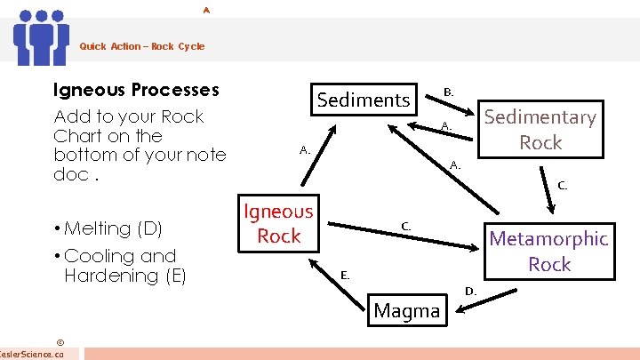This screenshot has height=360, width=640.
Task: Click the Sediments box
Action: [364, 100]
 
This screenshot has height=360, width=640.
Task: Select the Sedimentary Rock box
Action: [540, 129]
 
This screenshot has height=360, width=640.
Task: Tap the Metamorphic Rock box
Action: [548, 251]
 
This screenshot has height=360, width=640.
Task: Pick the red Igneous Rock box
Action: [279, 223]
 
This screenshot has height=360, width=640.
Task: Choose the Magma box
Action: [407, 310]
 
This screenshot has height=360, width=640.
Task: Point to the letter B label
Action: [449, 92]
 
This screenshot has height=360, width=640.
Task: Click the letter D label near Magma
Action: [471, 291]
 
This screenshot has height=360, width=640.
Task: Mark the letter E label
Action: [345, 276]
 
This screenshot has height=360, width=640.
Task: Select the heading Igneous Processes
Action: [136, 90]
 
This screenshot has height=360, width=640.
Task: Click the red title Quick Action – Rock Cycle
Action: [141, 46]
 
